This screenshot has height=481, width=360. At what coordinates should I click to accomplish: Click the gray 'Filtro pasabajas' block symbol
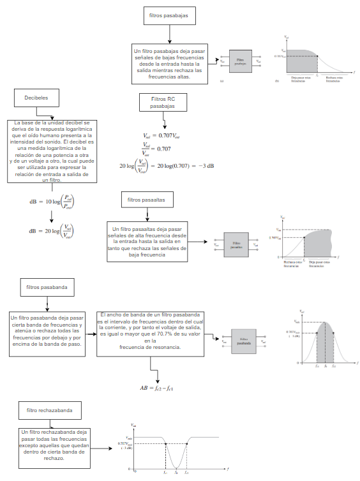click(239, 62)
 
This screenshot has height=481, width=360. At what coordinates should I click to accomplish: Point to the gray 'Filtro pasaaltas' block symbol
click(236, 244)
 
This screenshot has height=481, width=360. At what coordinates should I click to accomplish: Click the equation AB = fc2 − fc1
click(157, 387)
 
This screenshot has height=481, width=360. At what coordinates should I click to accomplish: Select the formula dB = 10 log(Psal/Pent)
click(52, 203)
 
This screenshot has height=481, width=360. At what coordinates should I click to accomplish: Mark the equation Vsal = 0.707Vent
click(162, 136)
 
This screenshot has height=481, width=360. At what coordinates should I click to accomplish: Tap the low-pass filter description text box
click(170, 63)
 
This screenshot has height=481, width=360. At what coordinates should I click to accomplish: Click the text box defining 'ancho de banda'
click(150, 331)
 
